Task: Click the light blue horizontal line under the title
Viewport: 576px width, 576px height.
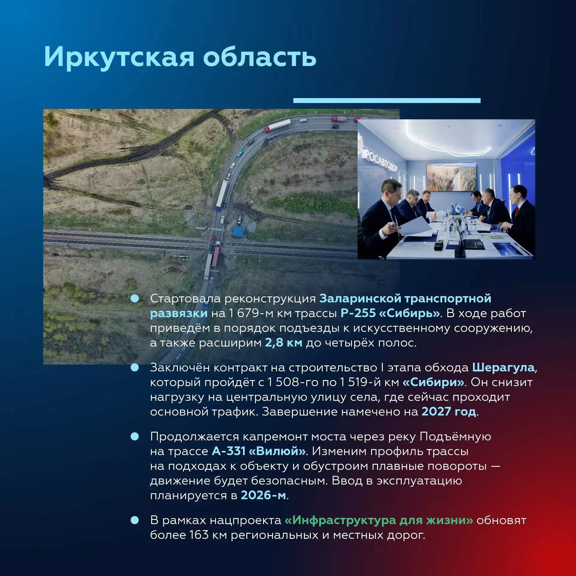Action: click(387, 100)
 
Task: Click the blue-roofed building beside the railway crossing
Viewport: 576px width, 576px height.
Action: click(238, 231)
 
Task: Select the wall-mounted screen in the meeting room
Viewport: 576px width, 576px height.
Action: click(451, 177)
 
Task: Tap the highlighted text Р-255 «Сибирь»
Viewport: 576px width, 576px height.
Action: click(390, 313)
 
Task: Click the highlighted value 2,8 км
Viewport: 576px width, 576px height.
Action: click(284, 343)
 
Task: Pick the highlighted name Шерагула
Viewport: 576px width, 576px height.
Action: click(503, 368)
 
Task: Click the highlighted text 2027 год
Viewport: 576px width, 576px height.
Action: click(449, 412)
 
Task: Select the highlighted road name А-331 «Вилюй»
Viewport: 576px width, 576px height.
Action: click(259, 451)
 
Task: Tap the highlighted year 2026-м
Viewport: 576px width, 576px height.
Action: click(263, 495)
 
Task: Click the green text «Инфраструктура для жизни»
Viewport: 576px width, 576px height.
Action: click(379, 520)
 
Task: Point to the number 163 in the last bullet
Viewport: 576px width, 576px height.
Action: click(199, 535)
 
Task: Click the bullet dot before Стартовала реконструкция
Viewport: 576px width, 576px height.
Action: click(135, 298)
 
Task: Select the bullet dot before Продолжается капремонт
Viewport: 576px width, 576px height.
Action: click(135, 436)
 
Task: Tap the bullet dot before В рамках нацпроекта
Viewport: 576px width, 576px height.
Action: click(135, 520)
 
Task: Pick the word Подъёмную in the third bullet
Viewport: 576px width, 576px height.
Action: click(455, 437)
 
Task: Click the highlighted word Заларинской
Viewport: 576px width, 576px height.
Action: click(360, 299)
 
